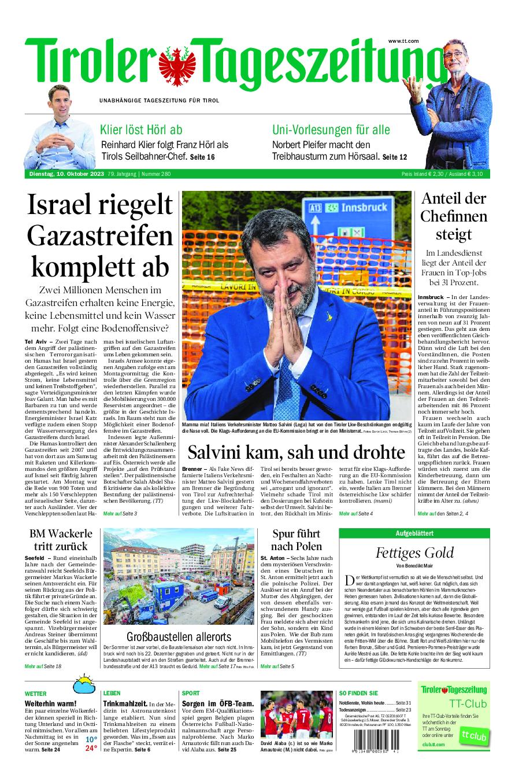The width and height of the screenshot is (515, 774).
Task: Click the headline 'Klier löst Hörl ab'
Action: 141,130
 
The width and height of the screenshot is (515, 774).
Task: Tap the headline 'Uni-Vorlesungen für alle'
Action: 331,130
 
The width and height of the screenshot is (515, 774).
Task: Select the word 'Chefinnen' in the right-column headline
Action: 454,216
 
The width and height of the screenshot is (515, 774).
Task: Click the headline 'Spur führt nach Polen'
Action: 297,539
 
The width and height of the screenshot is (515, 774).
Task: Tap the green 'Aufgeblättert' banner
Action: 414,533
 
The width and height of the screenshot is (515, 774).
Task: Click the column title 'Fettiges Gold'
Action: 414,552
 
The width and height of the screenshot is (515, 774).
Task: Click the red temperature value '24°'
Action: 91,748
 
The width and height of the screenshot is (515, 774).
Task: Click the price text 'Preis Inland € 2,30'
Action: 423,174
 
